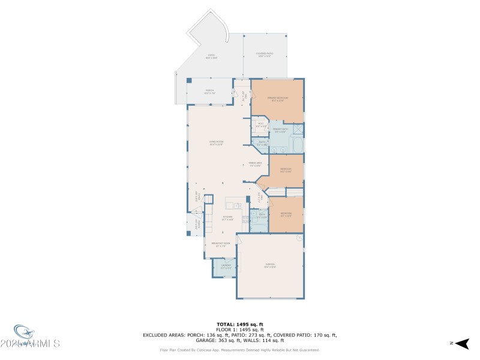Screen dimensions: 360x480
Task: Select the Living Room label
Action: (216, 143)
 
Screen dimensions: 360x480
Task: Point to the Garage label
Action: (270, 265)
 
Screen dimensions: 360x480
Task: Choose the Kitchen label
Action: (227, 218)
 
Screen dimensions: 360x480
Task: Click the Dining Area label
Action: (255, 164)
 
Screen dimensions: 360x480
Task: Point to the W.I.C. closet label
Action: (261, 125)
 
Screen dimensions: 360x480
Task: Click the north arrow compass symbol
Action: (460, 343)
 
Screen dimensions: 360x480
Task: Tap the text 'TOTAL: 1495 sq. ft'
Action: (239, 325)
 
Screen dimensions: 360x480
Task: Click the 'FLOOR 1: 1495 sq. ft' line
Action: (239, 330)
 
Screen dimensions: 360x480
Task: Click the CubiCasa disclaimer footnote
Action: (239, 350)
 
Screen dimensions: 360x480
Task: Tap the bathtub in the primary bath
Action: (296, 145)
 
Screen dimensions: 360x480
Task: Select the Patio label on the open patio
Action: (211, 56)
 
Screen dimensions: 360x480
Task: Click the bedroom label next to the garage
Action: (286, 214)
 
